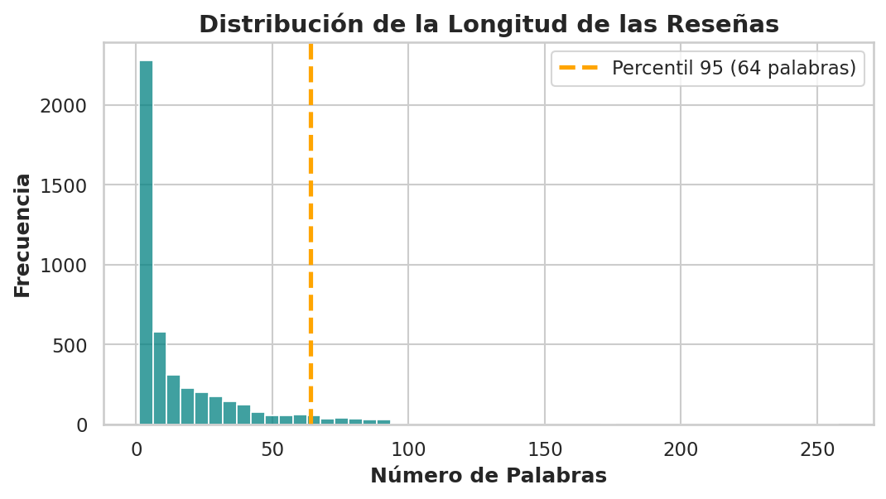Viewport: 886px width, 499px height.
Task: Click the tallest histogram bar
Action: tap(146, 242)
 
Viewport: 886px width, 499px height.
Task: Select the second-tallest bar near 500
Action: tap(160, 378)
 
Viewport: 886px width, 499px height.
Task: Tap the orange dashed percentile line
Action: tap(311, 233)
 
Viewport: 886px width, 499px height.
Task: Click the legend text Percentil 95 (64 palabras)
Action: tap(734, 68)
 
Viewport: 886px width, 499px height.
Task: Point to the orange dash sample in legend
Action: tap(578, 68)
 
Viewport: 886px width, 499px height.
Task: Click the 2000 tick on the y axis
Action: tap(63, 106)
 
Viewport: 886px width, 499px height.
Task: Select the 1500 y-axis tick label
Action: tap(63, 185)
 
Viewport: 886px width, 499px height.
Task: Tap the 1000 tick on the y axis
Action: tap(63, 265)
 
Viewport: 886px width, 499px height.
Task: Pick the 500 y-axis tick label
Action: tap(70, 345)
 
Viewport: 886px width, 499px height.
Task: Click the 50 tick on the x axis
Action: tap(272, 449)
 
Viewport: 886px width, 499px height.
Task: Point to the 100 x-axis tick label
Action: tap(408, 449)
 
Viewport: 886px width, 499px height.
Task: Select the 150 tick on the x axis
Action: tap(545, 449)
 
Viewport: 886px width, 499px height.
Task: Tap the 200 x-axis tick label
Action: tap(681, 449)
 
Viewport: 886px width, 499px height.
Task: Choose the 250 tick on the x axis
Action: tap(817, 449)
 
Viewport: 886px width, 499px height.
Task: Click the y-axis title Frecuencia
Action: tap(22, 235)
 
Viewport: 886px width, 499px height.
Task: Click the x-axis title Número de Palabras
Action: tap(489, 475)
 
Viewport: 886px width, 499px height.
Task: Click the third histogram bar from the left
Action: tap(173, 400)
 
